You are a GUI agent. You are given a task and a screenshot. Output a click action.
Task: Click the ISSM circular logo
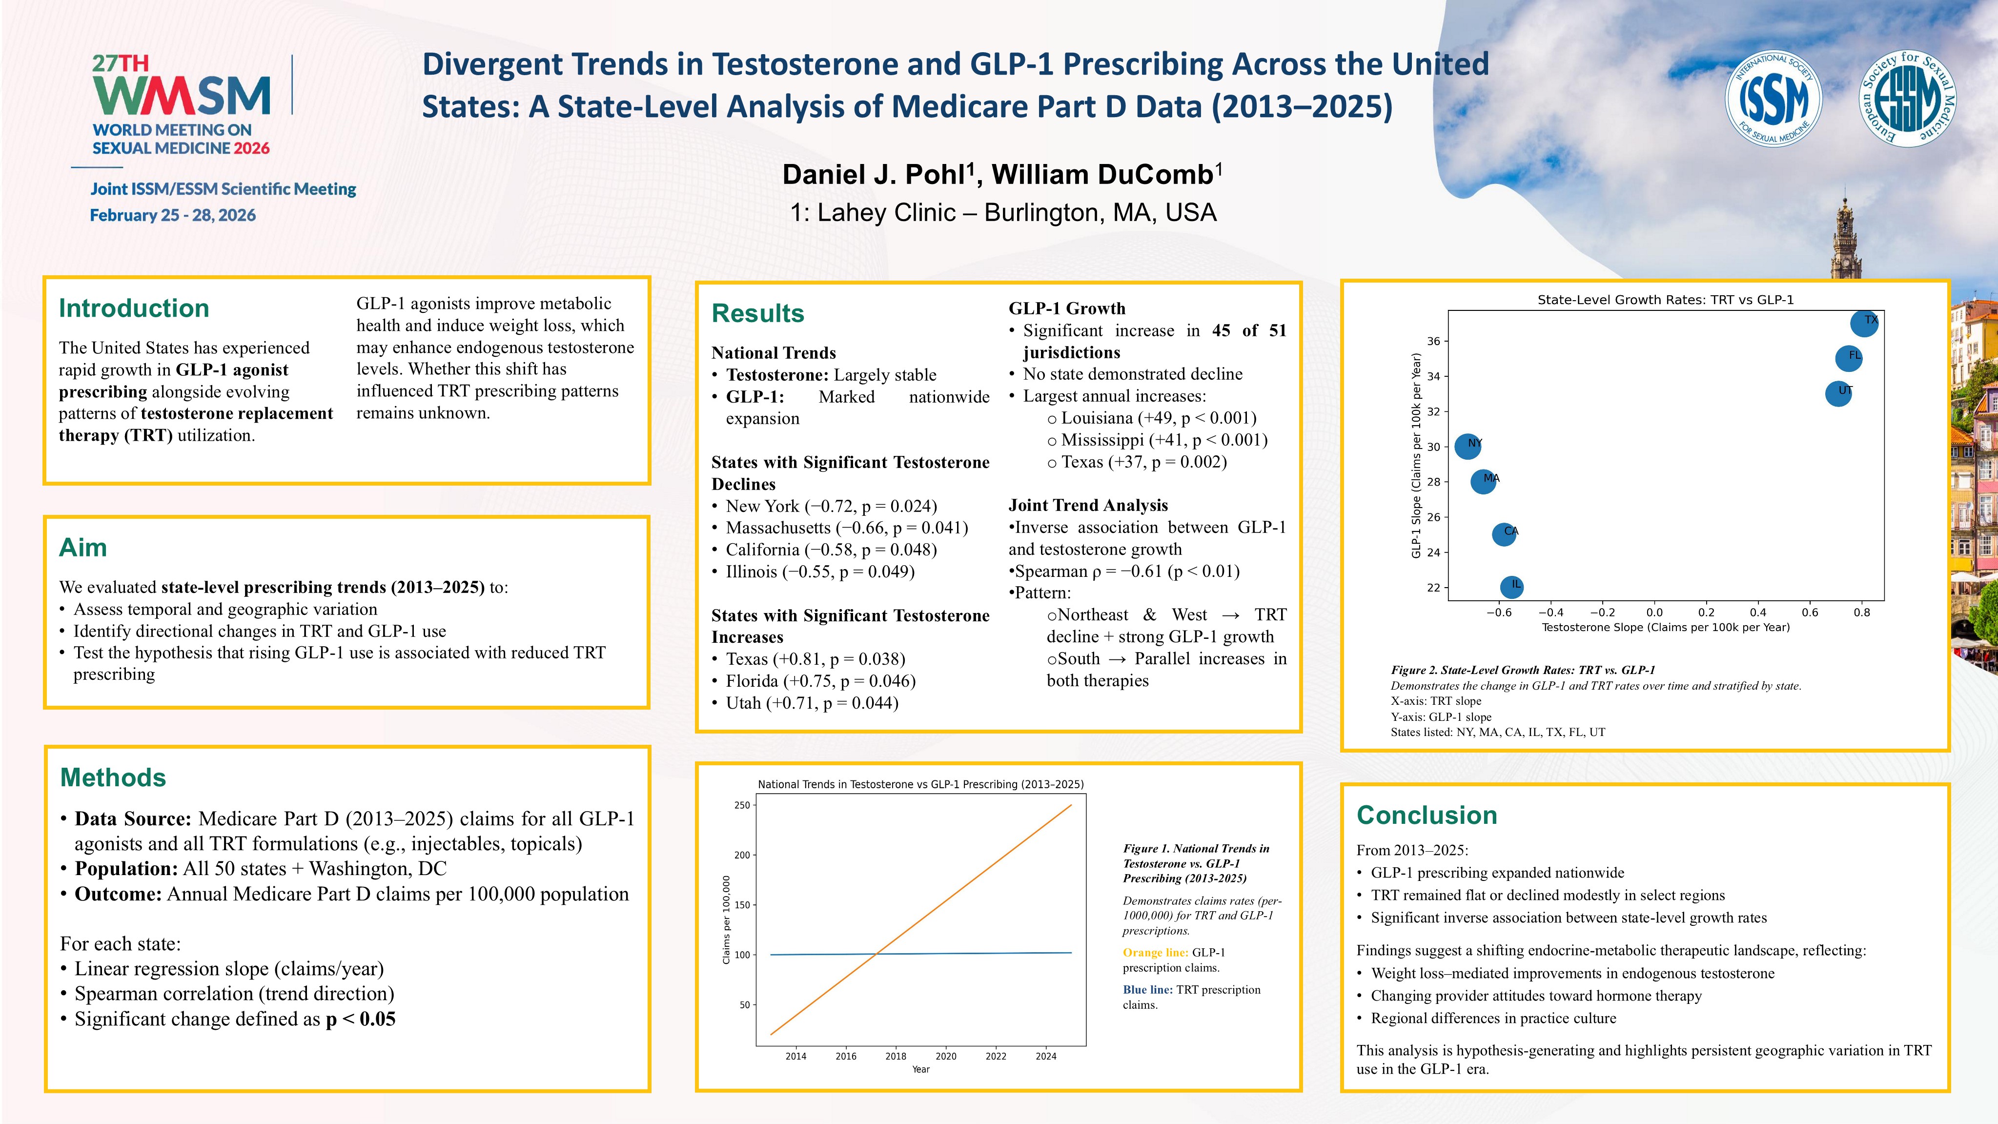1773,99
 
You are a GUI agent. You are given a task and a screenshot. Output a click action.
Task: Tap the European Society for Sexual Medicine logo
1907,99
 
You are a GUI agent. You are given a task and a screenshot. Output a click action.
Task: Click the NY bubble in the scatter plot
1468,446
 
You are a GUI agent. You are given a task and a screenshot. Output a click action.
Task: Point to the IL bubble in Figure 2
1512,587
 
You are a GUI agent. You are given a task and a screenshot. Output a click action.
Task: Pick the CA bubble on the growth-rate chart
1504,533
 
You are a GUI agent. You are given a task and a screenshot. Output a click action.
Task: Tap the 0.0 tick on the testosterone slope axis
1654,612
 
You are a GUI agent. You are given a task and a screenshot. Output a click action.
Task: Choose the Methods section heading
113,777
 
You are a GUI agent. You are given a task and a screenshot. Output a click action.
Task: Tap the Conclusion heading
1427,815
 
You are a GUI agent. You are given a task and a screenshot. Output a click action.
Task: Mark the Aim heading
83,548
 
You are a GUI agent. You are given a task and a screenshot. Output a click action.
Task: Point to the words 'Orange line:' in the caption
1155,953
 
